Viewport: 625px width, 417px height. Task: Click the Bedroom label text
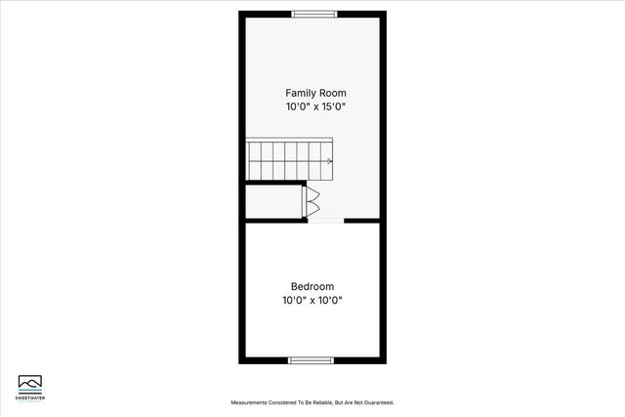[x=312, y=287]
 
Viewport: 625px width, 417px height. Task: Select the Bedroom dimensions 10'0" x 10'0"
[x=312, y=301]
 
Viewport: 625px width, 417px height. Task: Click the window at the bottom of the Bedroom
[x=312, y=360]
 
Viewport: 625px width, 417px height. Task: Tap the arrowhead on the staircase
[x=330, y=161]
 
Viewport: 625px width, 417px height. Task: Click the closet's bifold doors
[x=312, y=201]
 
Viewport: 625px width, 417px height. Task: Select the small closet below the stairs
[x=274, y=201]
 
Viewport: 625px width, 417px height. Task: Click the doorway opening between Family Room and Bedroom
[x=325, y=221]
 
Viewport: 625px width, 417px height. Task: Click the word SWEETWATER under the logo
[x=30, y=396]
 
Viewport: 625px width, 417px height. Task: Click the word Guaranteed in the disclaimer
[x=377, y=402]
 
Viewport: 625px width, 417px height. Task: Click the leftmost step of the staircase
[x=251, y=161]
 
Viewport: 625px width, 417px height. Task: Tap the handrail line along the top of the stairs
[x=288, y=141]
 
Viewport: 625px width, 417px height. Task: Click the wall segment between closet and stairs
[x=274, y=182]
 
